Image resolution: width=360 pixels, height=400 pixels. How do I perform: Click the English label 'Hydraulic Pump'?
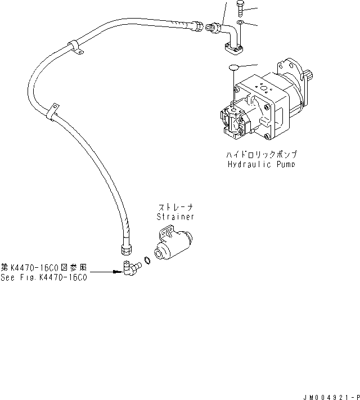[x=261, y=164]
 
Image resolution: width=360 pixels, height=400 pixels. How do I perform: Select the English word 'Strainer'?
[x=175, y=217]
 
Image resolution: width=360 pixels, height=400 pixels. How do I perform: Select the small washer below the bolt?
[x=240, y=23]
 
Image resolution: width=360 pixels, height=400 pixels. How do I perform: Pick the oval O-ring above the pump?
[x=235, y=68]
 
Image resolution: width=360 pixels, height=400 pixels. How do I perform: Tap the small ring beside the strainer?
[x=146, y=259]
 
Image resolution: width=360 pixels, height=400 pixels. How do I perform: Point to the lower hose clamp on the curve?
[x=53, y=111]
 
